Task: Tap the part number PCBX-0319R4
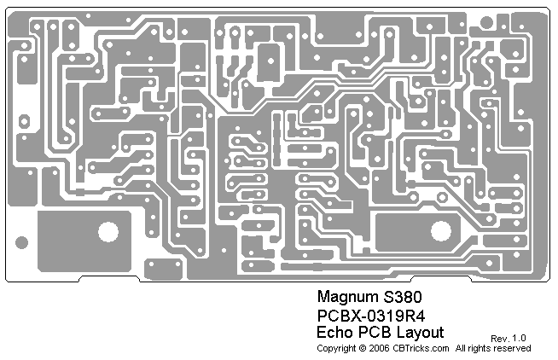(370, 316)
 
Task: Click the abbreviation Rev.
(498, 339)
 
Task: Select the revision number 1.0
(520, 339)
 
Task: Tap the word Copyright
(336, 348)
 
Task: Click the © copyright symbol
(363, 348)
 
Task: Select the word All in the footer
(462, 348)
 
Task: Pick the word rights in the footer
(482, 348)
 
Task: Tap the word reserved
(514, 348)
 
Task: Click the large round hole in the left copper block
(108, 231)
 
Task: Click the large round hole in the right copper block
(441, 230)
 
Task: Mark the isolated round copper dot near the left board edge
(23, 243)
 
